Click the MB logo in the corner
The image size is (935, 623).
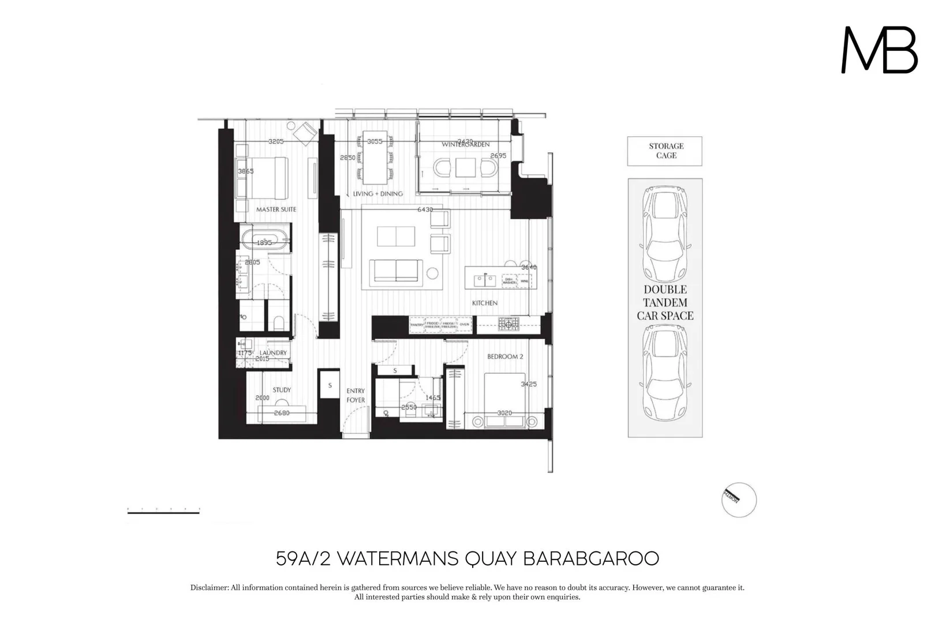pyautogui.click(x=879, y=50)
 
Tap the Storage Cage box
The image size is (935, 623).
pyautogui.click(x=665, y=151)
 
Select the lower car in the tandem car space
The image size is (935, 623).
pyautogui.click(x=665, y=374)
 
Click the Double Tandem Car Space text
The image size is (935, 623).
pyautogui.click(x=665, y=302)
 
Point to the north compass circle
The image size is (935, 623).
pyautogui.click(x=738, y=500)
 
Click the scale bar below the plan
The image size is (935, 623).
pyautogui.click(x=163, y=511)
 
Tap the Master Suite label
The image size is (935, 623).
pyautogui.click(x=276, y=209)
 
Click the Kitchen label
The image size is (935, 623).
pyautogui.click(x=484, y=303)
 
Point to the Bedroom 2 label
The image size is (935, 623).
pyautogui.click(x=505, y=356)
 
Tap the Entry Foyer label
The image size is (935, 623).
pyautogui.click(x=356, y=395)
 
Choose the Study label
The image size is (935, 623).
pyautogui.click(x=282, y=390)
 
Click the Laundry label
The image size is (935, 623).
pyautogui.click(x=273, y=352)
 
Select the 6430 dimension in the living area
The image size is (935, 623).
pyautogui.click(x=425, y=209)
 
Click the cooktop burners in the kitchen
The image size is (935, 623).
pyautogui.click(x=508, y=324)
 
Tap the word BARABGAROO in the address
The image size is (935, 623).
pyautogui.click(x=590, y=558)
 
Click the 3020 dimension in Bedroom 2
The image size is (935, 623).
pyautogui.click(x=504, y=413)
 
